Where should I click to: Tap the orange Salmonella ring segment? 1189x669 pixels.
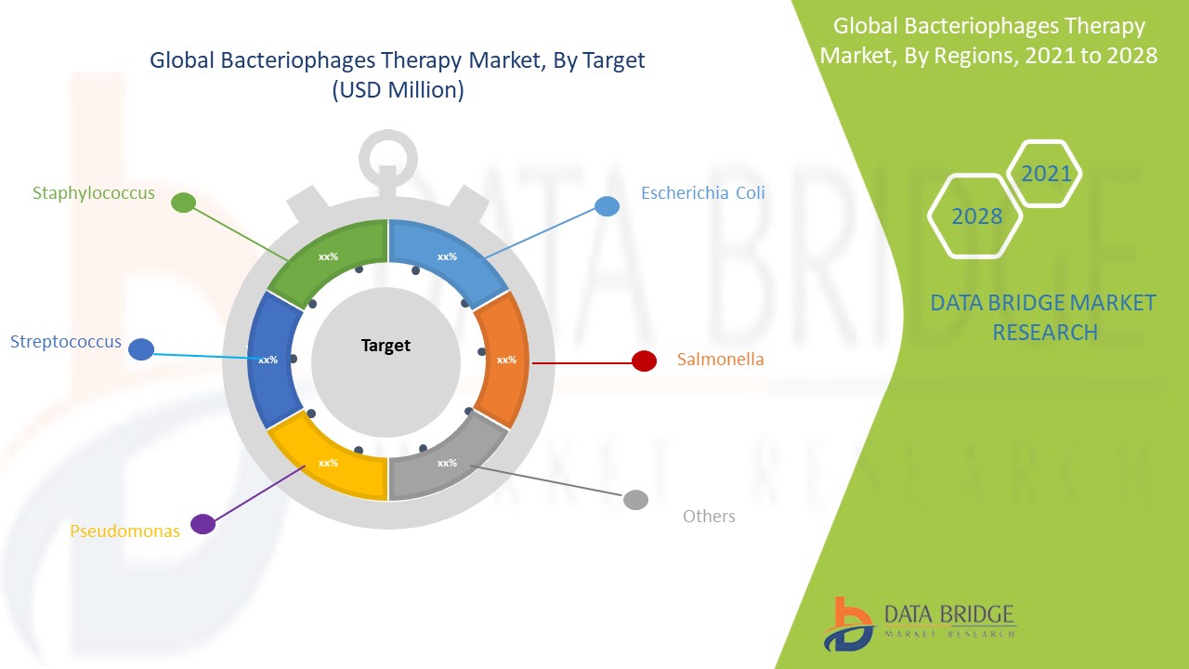(x=503, y=360)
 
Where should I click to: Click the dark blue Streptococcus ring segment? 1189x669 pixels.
(x=273, y=360)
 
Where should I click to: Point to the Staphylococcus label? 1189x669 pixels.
(x=94, y=192)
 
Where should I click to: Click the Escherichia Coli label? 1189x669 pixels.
(x=703, y=192)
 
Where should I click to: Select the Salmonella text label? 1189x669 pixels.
(x=720, y=359)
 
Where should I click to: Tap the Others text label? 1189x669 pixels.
(x=709, y=516)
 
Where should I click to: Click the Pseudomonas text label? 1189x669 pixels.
(x=124, y=531)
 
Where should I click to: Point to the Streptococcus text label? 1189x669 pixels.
(x=66, y=341)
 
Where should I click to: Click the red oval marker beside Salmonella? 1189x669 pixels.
(x=644, y=361)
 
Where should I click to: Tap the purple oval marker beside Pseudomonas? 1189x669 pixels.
(x=203, y=524)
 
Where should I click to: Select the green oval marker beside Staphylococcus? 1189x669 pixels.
(x=184, y=203)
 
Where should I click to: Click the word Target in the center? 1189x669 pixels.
(x=385, y=346)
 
